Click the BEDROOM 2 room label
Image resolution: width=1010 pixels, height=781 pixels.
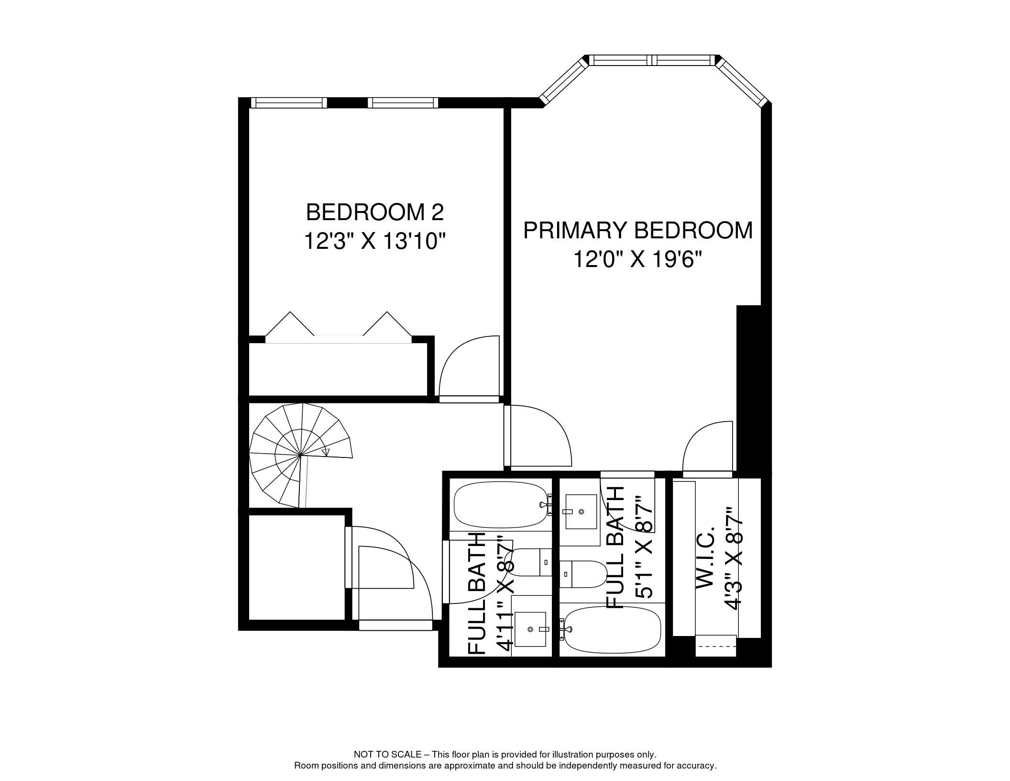374,212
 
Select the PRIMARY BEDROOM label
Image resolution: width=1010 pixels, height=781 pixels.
637,230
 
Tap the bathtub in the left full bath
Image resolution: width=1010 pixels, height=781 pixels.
500,504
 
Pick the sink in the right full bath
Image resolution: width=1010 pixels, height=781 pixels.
581,512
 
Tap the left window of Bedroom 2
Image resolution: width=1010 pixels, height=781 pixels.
289,102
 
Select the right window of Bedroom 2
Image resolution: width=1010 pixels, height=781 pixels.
403,102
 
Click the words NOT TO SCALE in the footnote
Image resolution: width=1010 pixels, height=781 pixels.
387,755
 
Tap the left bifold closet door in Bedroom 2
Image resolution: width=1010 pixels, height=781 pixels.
290,324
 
